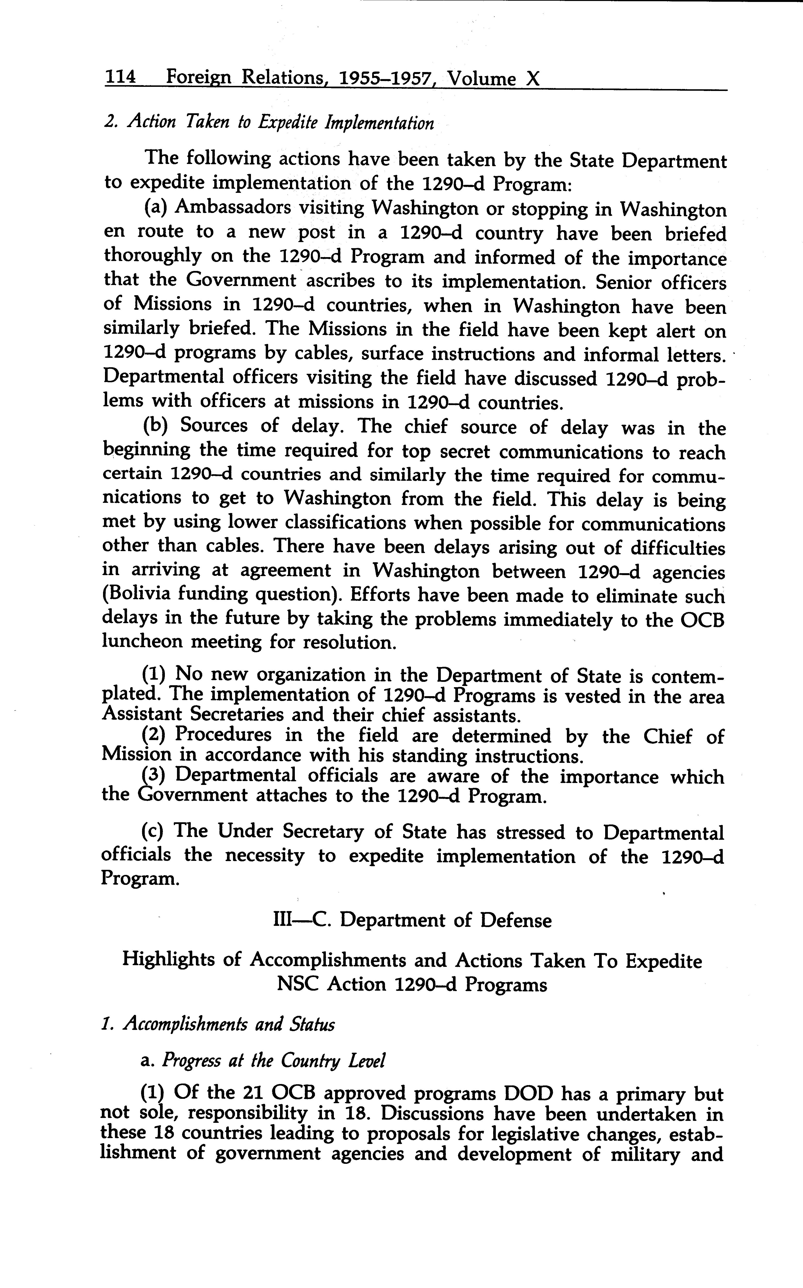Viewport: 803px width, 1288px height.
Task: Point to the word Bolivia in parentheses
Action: (x=139, y=594)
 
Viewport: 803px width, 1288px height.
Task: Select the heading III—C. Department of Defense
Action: (x=412, y=920)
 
